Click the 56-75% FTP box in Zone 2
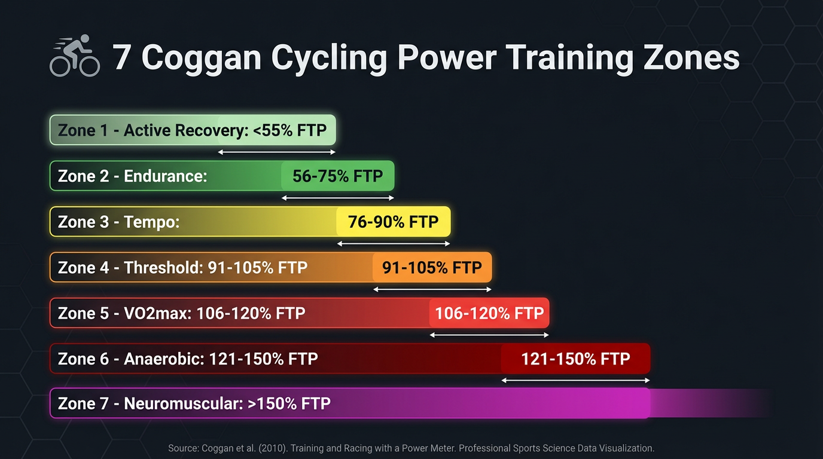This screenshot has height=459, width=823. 337,176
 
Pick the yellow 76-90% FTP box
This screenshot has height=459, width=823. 393,222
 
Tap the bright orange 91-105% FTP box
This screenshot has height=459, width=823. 432,267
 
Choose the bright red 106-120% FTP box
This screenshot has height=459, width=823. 489,313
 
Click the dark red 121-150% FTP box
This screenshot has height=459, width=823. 575,359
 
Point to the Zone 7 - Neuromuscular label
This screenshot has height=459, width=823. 194,403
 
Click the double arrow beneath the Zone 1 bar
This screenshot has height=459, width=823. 277,152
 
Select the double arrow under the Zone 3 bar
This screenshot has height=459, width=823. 393,244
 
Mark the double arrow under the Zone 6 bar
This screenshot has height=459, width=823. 575,380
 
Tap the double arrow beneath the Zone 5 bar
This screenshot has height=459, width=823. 489,335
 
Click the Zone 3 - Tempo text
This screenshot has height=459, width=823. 118,222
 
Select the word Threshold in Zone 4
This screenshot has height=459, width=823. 162,267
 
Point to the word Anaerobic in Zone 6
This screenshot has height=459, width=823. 162,359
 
